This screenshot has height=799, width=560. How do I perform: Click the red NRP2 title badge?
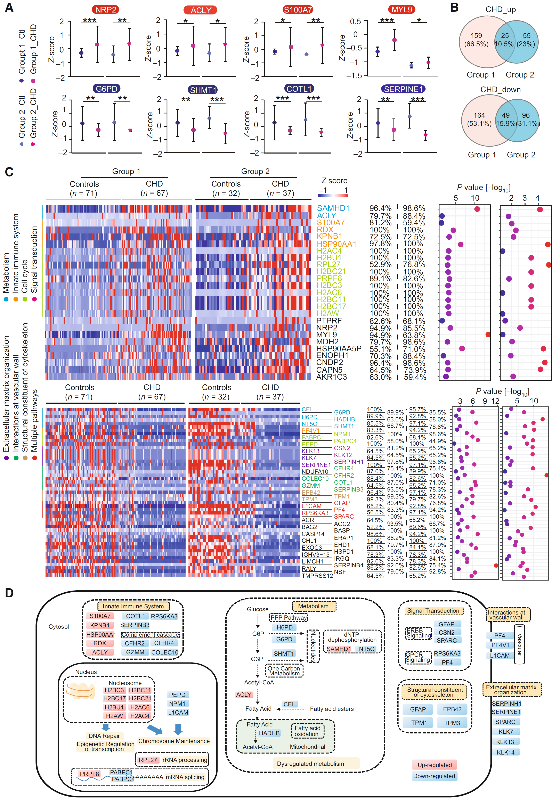106,10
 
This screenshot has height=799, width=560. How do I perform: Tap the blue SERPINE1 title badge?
403,89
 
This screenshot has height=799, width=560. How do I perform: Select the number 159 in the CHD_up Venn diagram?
476,35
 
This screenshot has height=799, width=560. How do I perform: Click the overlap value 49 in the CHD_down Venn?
505,115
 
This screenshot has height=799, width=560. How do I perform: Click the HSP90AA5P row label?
339,349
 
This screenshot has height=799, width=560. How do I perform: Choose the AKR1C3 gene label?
331,377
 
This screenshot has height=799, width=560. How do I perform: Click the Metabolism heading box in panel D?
313,606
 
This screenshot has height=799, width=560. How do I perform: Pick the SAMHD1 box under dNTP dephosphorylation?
339,649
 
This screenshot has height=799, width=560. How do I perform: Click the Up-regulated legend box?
434,765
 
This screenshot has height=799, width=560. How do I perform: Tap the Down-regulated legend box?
434,776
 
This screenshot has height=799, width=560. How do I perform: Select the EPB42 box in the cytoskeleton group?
452,709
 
